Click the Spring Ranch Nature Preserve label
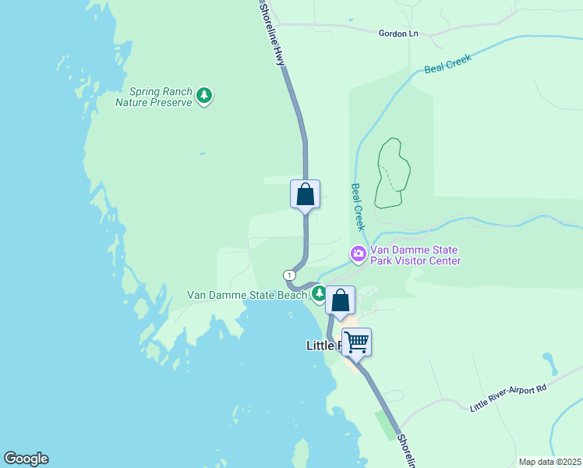tap(154, 97)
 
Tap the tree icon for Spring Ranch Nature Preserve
tap(204, 95)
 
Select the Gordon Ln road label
tap(398, 34)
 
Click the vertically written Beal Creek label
tap(358, 207)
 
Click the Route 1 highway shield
tap(290, 275)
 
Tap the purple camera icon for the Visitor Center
tap(358, 253)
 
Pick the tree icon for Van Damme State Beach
tap(319, 293)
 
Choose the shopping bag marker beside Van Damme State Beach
tap(340, 300)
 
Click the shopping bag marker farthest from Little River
tap(305, 194)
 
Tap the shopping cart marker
tap(356, 342)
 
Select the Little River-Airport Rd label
tap(508, 397)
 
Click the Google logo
tap(26, 459)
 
